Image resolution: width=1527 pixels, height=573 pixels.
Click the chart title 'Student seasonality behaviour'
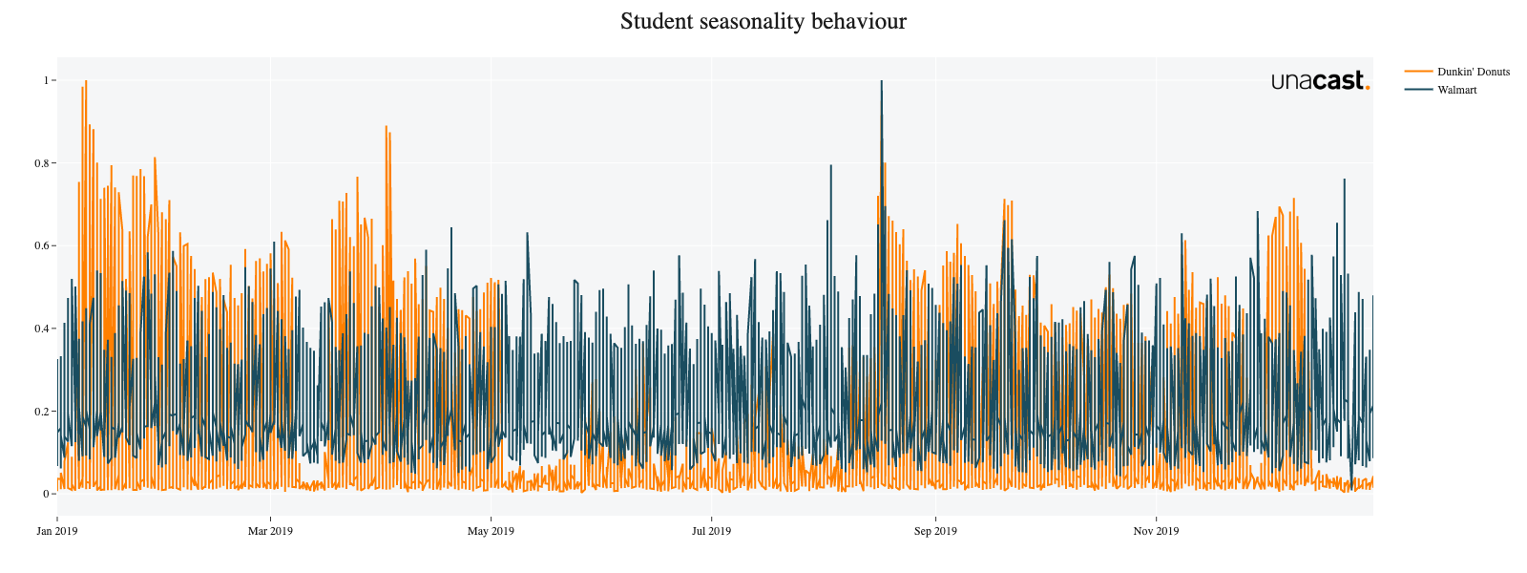pos(763,21)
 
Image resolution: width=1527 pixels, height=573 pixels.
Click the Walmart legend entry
pos(1456,90)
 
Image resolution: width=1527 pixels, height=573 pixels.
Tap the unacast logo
pos(1320,81)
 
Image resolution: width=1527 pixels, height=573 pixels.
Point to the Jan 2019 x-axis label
pos(57,531)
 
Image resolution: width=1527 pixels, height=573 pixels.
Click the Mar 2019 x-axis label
pos(270,531)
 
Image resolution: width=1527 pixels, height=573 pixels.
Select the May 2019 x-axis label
pos(491,531)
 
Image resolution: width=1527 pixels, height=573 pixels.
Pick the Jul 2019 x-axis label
pos(711,531)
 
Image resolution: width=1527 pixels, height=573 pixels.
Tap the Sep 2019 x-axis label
pos(935,531)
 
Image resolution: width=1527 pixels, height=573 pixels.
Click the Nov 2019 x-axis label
pos(1156,531)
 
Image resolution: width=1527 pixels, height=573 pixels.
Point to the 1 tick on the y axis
pos(45,80)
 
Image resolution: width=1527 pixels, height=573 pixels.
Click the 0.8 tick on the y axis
pos(41,163)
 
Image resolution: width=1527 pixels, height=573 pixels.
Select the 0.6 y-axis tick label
pos(41,245)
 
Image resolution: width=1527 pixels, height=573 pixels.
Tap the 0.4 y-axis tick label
pos(41,329)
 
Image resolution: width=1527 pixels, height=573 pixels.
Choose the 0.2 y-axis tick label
pos(41,412)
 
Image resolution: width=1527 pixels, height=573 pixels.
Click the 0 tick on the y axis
pos(45,494)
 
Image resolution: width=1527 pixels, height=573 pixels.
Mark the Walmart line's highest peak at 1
pos(881,81)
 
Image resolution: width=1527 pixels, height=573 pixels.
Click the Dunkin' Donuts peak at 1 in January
pos(86,81)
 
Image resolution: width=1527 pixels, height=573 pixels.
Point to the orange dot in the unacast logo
pos(1368,87)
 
